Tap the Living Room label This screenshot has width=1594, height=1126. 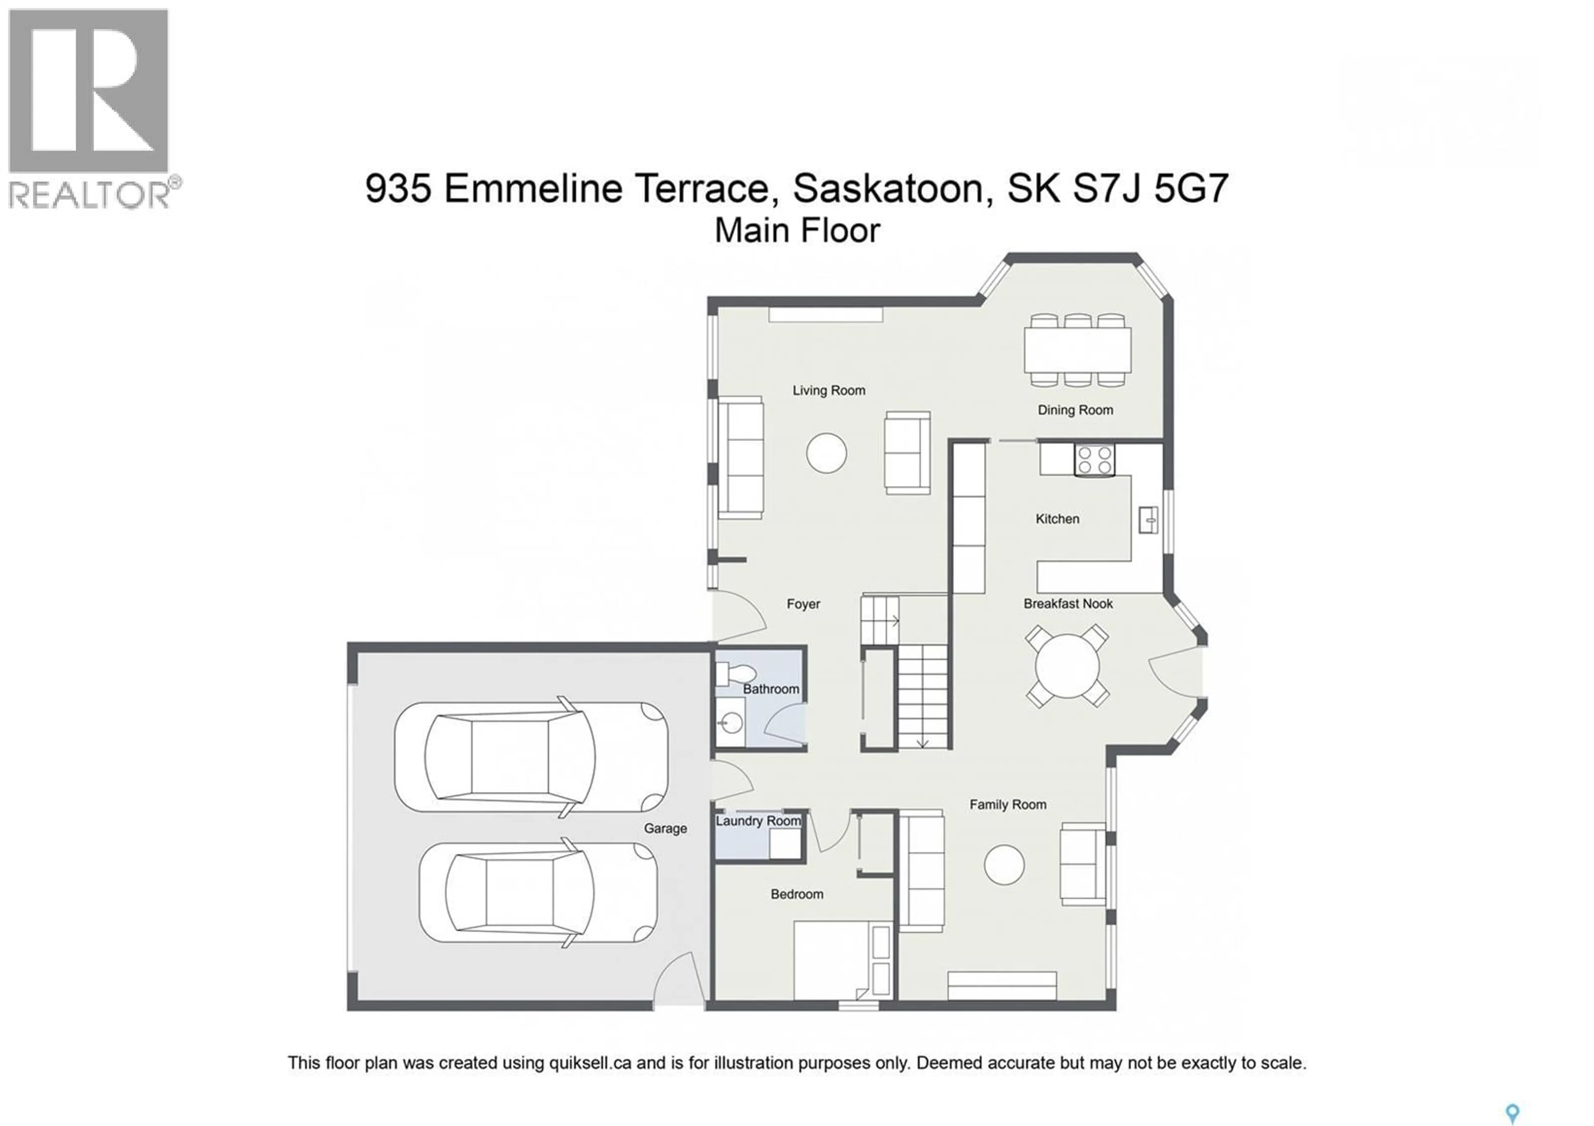[x=829, y=391]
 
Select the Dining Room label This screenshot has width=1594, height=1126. [x=1075, y=410]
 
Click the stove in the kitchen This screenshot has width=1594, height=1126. [x=1094, y=460]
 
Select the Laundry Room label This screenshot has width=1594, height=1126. [x=758, y=821]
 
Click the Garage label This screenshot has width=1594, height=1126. [x=665, y=829]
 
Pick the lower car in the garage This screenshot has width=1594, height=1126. [x=538, y=892]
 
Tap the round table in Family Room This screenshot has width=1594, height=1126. [x=1004, y=865]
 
